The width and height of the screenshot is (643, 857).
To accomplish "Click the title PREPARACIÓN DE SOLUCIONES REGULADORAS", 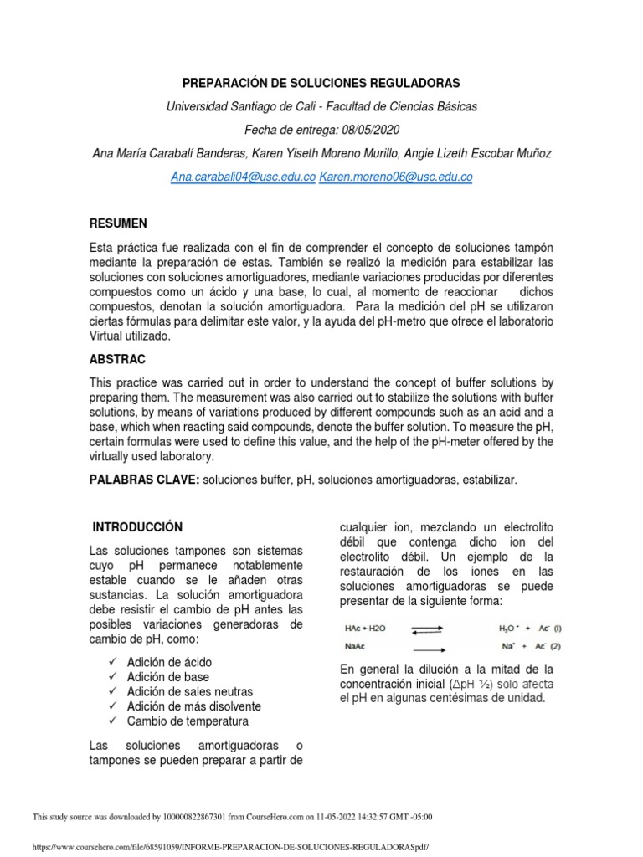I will click(x=321, y=85).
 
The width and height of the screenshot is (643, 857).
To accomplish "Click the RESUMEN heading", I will click(x=118, y=223).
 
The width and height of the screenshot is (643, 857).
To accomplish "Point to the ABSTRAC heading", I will click(x=118, y=359).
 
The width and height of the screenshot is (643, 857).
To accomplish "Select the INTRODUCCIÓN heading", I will click(x=136, y=527).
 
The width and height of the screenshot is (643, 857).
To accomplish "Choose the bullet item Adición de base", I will click(x=168, y=677).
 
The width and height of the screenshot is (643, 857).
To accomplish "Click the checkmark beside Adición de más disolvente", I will click(x=113, y=706).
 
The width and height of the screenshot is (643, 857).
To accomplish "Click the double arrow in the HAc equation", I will click(x=428, y=629).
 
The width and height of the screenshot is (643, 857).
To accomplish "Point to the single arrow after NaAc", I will click(x=428, y=646).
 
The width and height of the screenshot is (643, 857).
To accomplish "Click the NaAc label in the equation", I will click(x=355, y=646).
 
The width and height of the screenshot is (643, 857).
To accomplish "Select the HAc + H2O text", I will click(x=365, y=629).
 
